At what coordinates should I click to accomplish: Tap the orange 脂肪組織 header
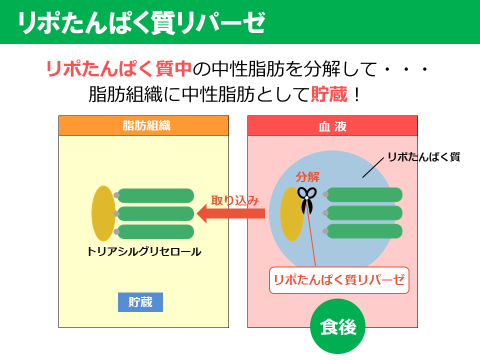click(143, 125)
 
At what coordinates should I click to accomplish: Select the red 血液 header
click(332, 125)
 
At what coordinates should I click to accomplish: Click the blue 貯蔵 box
click(140, 302)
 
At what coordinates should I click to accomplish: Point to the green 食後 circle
click(338, 327)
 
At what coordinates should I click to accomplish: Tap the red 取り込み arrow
click(230, 214)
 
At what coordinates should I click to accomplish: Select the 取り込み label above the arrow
click(234, 200)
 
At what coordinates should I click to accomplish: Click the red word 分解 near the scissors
click(307, 176)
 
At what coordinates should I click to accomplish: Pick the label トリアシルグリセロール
click(144, 251)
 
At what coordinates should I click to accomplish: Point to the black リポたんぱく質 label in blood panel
click(423, 157)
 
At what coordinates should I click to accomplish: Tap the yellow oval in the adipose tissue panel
click(103, 213)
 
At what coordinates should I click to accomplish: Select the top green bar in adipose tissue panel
click(155, 195)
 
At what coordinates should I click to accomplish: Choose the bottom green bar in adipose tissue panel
click(155, 231)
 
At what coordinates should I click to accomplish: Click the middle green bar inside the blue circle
click(364, 213)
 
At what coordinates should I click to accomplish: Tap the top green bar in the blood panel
click(364, 195)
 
